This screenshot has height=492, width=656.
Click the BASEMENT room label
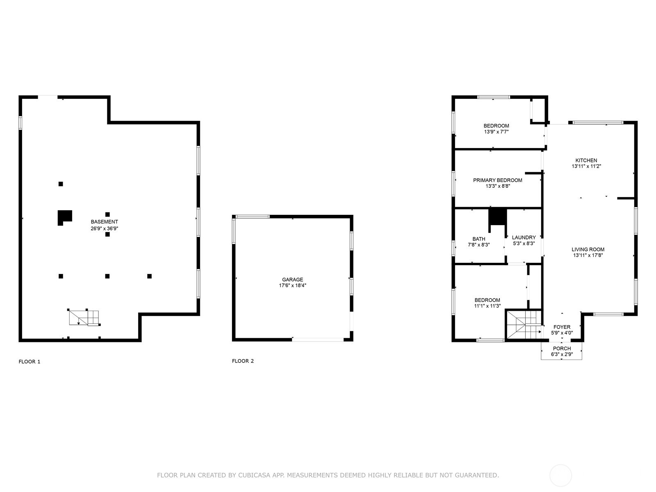point(104,222)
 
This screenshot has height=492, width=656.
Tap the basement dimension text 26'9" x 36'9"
point(104,228)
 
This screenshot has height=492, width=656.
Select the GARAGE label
point(292,280)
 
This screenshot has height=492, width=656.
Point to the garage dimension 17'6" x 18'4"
point(292,285)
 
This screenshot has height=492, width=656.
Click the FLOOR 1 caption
point(30,362)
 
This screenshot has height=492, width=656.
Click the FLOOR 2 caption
point(243,361)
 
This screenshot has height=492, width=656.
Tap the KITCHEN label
point(586,160)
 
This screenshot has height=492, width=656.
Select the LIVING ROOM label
point(588,249)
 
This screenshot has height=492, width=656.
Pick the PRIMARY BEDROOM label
point(498,180)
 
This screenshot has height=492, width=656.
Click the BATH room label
point(479,239)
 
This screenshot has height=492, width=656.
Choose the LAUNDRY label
point(524,237)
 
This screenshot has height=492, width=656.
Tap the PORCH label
point(562,348)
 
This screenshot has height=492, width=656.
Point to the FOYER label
point(562,327)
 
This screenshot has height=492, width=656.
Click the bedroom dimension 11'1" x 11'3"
point(487,306)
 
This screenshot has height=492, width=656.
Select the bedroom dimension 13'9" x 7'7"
point(496,132)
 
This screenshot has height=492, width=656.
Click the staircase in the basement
point(84,317)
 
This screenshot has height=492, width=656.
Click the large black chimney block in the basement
point(64,216)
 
